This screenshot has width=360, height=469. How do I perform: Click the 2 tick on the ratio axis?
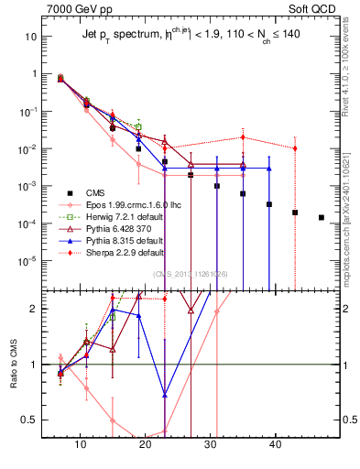[40, 309]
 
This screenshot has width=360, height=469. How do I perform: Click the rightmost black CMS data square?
[321, 217]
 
